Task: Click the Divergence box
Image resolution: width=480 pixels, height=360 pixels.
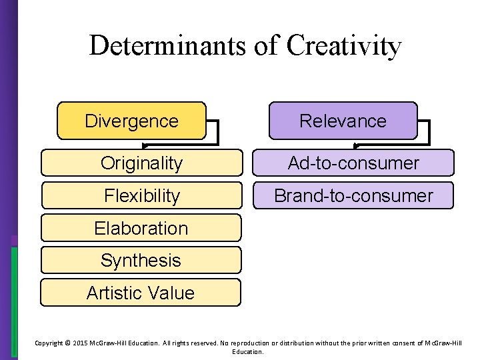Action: pyautogui.click(x=131, y=121)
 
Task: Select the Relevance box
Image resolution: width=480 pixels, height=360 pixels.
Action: pyautogui.click(x=343, y=121)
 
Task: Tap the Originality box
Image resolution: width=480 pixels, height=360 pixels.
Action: pyautogui.click(x=141, y=163)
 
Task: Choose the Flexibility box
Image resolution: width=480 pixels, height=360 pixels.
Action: pyautogui.click(x=141, y=195)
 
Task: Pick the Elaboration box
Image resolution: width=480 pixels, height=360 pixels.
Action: pyautogui.click(x=141, y=228)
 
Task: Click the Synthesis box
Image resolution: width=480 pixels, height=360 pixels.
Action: pyautogui.click(x=141, y=260)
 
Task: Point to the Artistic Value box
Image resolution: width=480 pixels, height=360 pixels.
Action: pyautogui.click(x=141, y=293)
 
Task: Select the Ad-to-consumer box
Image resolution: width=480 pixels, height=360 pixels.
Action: pyautogui.click(x=353, y=163)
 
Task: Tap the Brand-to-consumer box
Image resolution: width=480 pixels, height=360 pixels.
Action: pyautogui.click(x=353, y=195)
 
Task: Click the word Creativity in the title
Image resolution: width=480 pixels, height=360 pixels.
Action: pyautogui.click(x=344, y=45)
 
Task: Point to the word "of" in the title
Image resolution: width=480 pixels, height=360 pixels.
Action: pyautogui.click(x=266, y=45)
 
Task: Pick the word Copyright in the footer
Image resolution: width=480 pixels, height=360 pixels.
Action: pyautogui.click(x=48, y=343)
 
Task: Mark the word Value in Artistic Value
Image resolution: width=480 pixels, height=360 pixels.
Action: pyautogui.click(x=171, y=293)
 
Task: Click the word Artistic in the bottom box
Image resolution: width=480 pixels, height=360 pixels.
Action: pyautogui.click(x=115, y=293)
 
